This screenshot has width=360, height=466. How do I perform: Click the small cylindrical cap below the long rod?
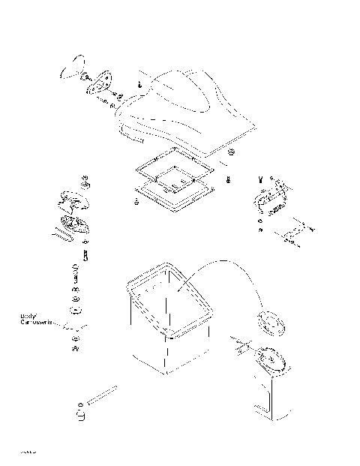pos(80,414)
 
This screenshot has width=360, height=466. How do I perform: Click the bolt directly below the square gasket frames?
pos(135,202)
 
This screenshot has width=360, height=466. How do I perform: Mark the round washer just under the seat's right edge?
pos(231,153)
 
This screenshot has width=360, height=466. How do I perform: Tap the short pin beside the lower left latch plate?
pos(87,255)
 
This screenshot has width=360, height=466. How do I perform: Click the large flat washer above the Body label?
pos(75,308)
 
